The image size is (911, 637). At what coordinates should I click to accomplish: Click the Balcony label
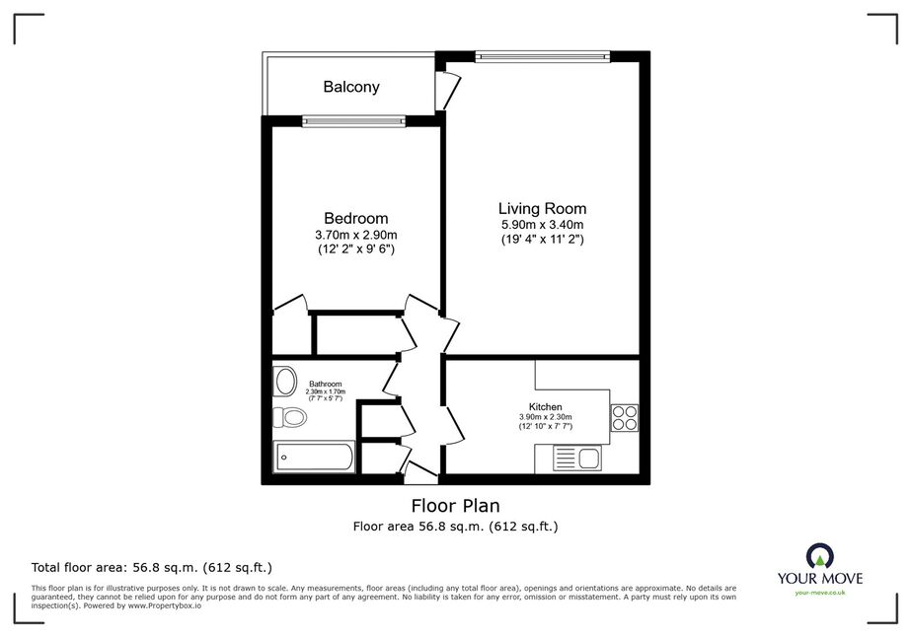pos(351,87)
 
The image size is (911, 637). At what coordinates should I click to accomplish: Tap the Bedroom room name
pos(356,218)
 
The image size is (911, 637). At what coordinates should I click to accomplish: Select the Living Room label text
pos(542,208)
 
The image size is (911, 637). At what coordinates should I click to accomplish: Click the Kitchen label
pos(546,406)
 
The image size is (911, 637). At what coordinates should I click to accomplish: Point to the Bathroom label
pos(325,384)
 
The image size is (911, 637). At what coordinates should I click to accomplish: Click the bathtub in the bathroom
pos(315,457)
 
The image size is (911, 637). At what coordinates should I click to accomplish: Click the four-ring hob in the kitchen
pos(625,418)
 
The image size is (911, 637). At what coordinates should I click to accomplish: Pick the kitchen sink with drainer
pos(576,458)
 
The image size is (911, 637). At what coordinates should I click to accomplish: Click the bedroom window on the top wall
pos(353,121)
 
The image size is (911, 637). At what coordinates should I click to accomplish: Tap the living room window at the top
pos(542,56)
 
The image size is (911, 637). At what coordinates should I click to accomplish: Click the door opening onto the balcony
pos(449,90)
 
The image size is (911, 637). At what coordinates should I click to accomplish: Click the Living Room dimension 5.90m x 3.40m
pos(542,225)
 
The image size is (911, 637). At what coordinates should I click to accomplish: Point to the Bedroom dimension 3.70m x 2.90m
pos(356,235)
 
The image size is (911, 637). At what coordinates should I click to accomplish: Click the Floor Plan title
pos(456,506)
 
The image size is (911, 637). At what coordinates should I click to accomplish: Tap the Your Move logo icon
pos(818,557)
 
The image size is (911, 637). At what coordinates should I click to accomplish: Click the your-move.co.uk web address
pos(818,592)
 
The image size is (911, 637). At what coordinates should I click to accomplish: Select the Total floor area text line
pos(151,567)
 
